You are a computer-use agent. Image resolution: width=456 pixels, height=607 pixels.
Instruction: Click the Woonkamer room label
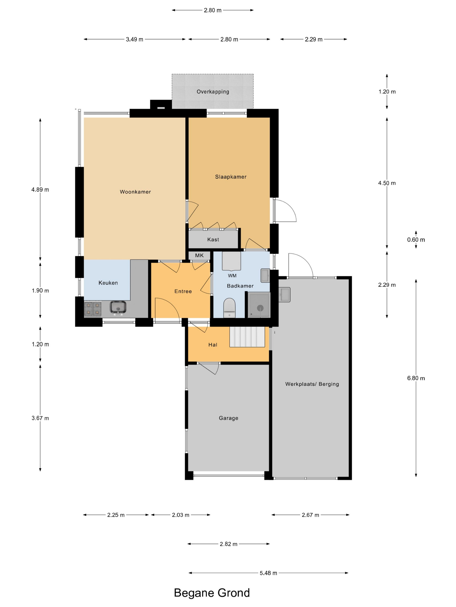pos(135,192)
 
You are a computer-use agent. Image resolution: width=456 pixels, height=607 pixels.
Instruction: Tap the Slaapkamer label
pos(231,177)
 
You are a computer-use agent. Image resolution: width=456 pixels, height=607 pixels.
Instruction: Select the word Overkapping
pos(213,92)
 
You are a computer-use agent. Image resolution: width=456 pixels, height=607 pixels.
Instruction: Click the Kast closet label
pos(213,240)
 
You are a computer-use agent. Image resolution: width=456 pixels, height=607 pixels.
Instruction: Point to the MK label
pos(199,255)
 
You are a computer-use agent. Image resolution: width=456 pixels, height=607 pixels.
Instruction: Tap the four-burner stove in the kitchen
pos(93,308)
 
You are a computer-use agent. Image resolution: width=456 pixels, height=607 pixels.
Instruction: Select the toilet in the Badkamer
pos(229,308)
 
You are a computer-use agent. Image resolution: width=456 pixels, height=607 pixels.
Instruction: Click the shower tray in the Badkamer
pos(259,305)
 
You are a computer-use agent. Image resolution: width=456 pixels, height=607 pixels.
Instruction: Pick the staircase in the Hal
pos(247,337)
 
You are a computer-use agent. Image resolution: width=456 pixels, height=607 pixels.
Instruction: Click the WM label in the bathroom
pos(232,276)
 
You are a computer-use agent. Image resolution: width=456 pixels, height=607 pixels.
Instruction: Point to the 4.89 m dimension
pos(40,190)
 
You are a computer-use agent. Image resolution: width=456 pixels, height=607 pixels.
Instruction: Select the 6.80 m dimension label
pos(416,378)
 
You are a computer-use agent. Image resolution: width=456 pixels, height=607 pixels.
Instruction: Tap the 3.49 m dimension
pos(134,39)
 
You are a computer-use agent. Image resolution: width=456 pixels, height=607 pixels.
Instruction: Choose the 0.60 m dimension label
pos(416,240)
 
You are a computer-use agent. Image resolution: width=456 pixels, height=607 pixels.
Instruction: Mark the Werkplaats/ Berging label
pos(312,384)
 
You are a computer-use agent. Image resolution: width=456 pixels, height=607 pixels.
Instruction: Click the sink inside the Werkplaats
pos(284,294)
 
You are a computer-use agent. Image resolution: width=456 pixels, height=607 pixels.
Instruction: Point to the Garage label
pos(228,418)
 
